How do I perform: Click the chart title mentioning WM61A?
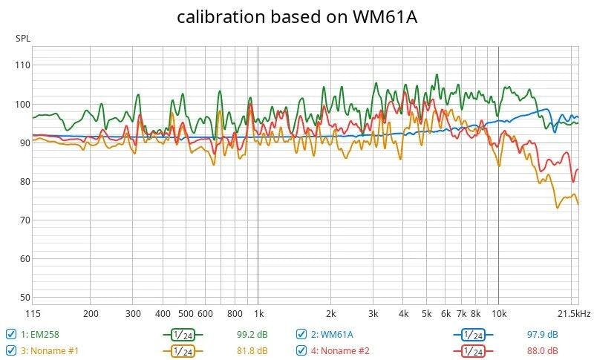coord(297,17)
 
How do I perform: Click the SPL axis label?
coord(23,39)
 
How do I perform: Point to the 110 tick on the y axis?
coord(22,65)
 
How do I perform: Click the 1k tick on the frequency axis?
coord(258,314)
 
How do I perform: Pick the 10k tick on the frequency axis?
coord(498,314)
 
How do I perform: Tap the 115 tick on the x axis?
coord(33,314)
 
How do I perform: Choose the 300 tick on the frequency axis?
coord(133,314)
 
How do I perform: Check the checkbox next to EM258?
coord(11,334)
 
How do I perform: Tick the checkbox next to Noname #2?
coord(301,350)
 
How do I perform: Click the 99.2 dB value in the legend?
coord(257,334)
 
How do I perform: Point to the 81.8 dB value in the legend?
coord(257,350)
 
